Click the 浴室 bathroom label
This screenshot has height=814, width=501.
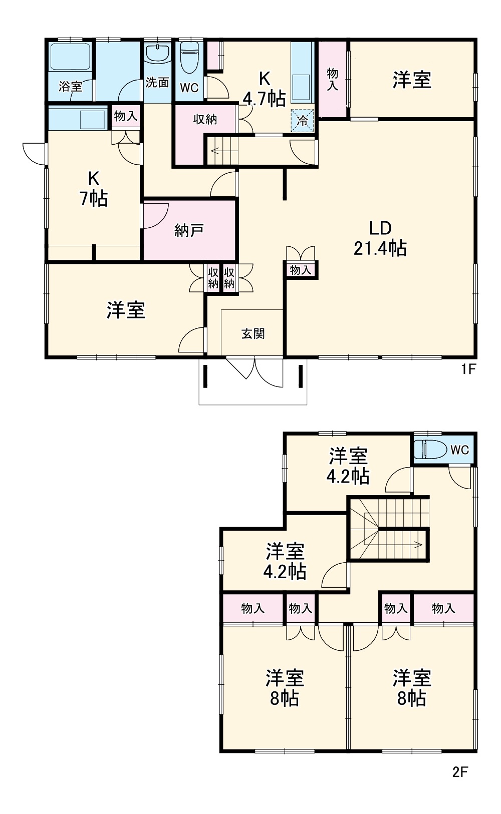(70, 86)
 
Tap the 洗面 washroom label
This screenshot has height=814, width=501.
(157, 82)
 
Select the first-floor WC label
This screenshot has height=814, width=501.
(189, 88)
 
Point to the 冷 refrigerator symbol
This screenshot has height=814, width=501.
(303, 121)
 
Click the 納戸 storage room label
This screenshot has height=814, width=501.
(189, 230)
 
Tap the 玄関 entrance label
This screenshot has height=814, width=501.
(253, 333)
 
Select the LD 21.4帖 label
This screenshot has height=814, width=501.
(380, 238)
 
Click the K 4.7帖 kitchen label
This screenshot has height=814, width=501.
(264, 89)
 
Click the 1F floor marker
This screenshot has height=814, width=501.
(468, 369)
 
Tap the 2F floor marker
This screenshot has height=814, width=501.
(460, 772)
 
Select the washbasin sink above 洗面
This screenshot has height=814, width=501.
(158, 53)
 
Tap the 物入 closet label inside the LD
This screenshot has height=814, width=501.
(301, 270)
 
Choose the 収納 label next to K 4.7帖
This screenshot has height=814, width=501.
(205, 119)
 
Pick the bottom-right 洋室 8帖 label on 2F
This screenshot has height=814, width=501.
(412, 688)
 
